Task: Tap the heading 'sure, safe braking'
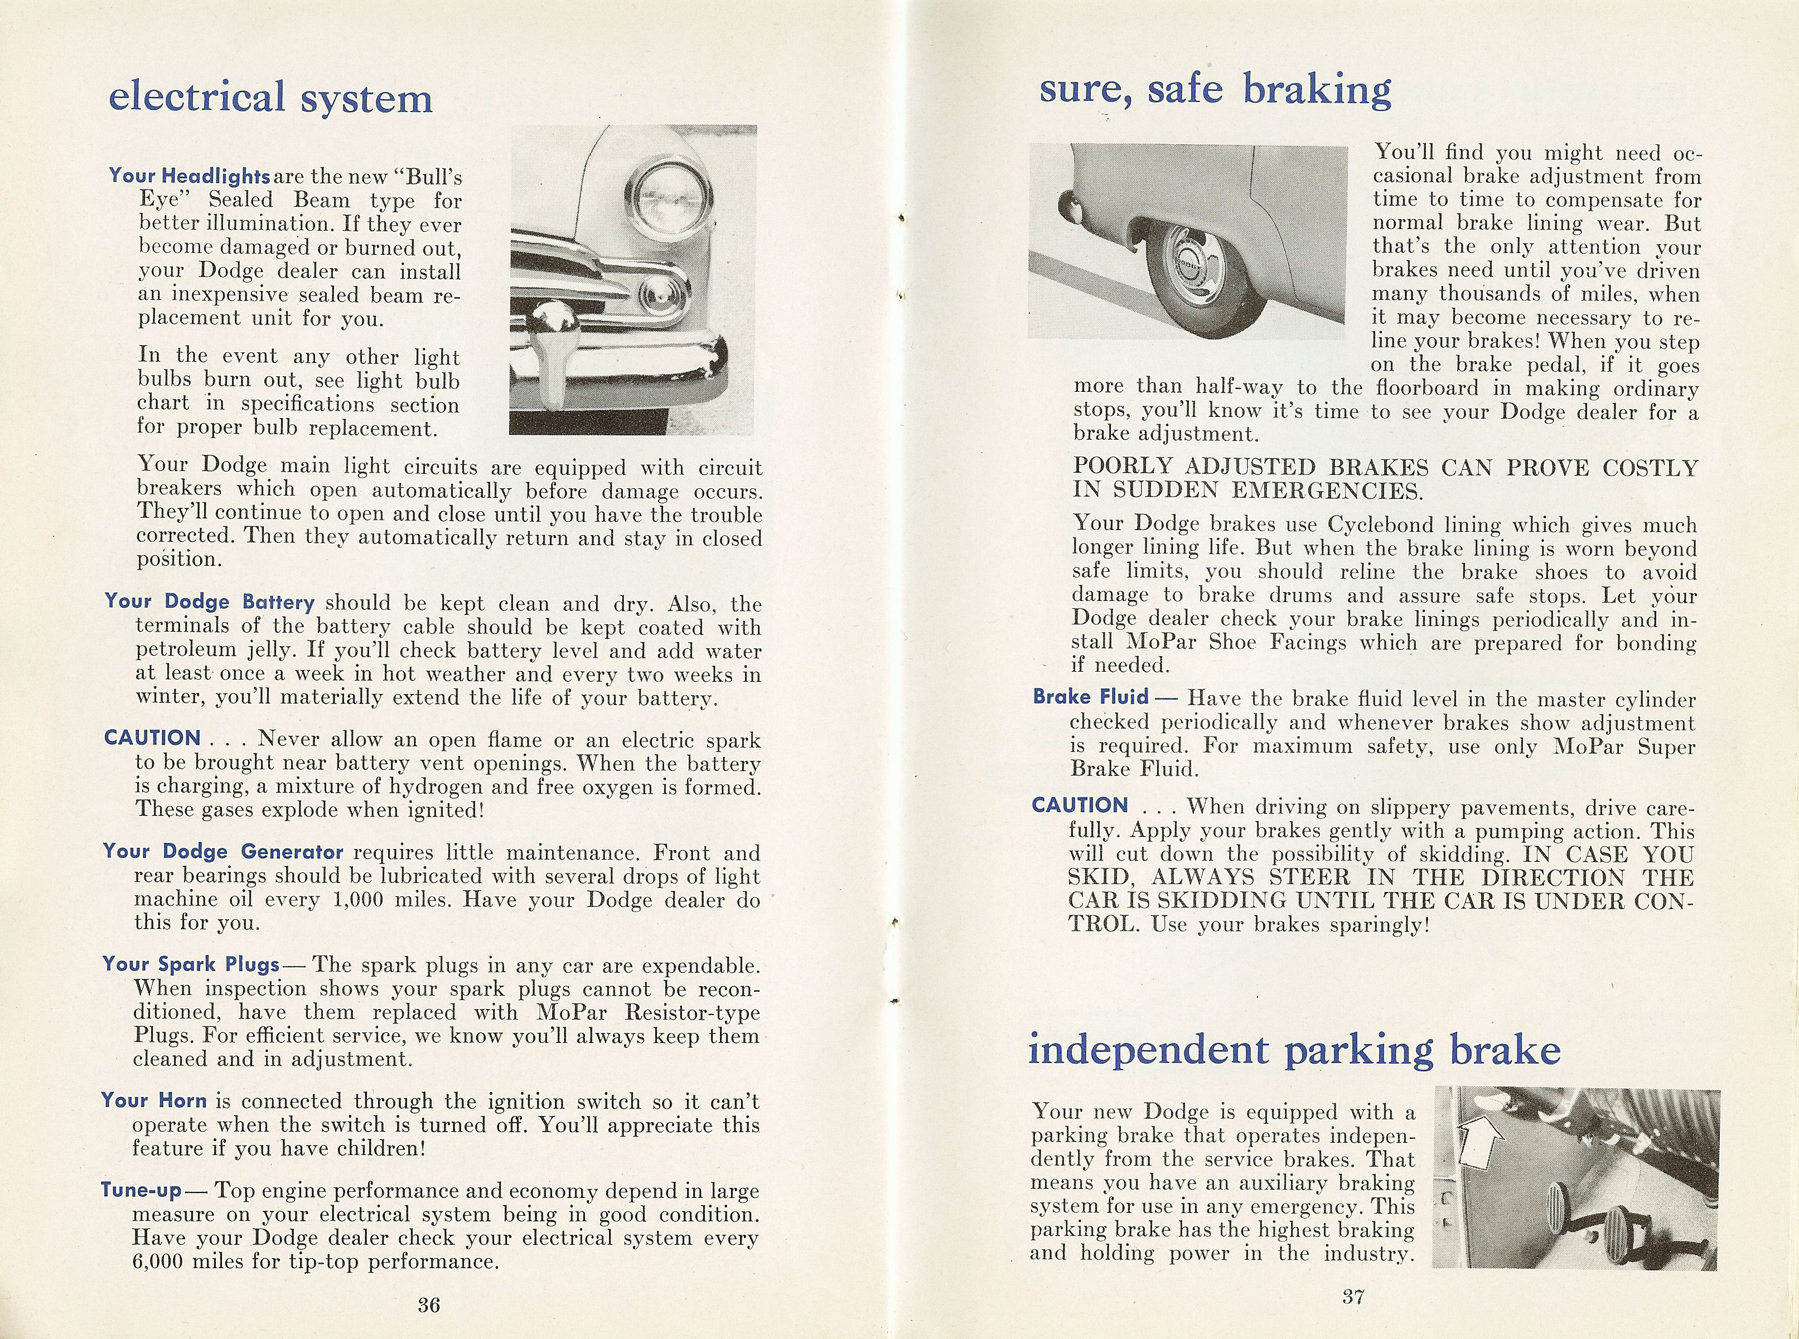1215,89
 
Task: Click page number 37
1352,1296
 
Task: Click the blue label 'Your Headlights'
189,176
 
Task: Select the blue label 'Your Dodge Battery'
209,601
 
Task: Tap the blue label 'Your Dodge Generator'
223,852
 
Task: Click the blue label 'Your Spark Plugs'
191,964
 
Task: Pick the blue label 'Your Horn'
154,1100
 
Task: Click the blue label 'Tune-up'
141,1190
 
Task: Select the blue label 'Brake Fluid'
1090,696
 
